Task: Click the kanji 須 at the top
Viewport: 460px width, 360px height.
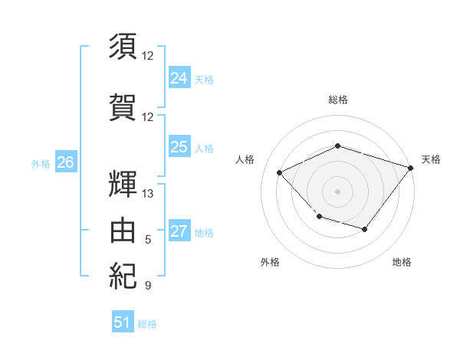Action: click(123, 46)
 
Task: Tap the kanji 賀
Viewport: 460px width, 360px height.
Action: click(123, 107)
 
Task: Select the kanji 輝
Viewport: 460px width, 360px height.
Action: click(123, 184)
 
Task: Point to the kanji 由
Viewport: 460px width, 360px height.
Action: click(123, 230)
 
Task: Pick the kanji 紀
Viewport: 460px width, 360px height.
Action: click(123, 276)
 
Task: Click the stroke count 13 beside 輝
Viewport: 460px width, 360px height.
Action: click(147, 194)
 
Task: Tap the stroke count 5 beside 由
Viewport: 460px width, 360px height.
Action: click(148, 240)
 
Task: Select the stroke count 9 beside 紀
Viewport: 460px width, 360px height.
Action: click(148, 285)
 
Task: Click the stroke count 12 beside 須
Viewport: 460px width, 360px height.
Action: click(147, 56)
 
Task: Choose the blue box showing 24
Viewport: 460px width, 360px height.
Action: click(179, 77)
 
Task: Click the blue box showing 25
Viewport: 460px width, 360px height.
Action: click(179, 146)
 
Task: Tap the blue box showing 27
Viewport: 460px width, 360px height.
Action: click(179, 230)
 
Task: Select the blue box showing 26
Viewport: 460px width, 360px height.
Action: click(66, 162)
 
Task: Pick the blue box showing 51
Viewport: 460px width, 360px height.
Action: click(123, 321)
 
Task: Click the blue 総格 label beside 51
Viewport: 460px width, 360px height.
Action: click(147, 324)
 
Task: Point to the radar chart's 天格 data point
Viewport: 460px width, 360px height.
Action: click(411, 168)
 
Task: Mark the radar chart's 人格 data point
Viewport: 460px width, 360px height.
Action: click(279, 172)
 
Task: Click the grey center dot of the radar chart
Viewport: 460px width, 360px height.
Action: click(337, 191)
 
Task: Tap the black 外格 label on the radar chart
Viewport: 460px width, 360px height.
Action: click(270, 262)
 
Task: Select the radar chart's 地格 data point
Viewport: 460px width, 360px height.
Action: click(365, 229)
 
